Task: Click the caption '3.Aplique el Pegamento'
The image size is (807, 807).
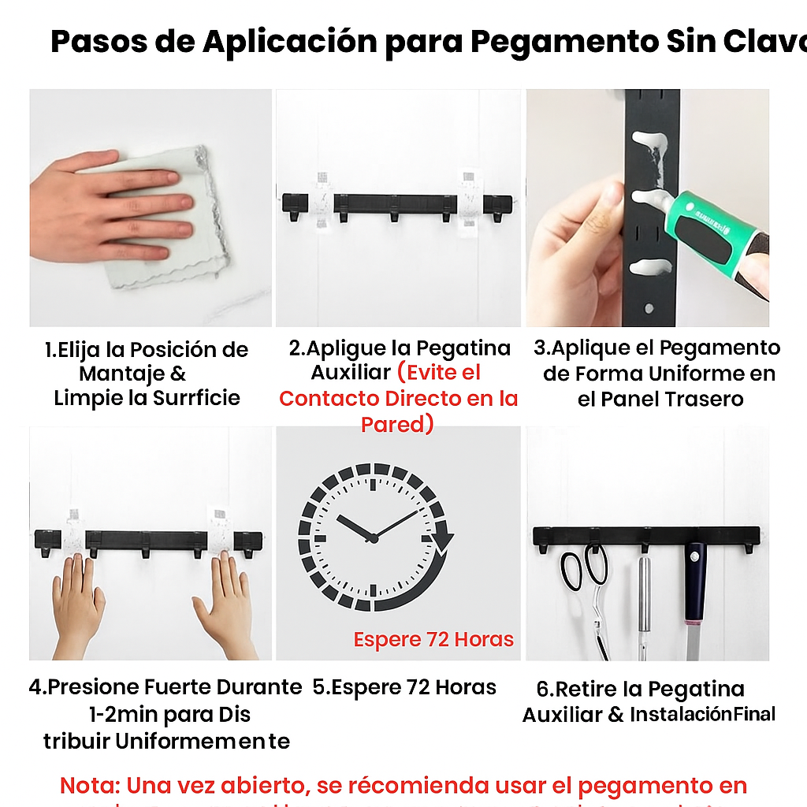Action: (656, 348)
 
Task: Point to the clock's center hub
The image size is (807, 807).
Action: (373, 538)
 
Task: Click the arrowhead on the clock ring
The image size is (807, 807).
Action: (444, 543)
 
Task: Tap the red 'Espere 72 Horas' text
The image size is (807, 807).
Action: (433, 639)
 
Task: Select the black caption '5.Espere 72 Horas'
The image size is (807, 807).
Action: (404, 687)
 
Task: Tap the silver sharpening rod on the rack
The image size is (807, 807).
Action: (645, 599)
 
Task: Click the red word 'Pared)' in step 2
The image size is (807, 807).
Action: (397, 425)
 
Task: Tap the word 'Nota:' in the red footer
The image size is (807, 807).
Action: (89, 786)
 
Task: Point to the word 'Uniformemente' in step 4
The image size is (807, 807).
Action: (203, 742)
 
